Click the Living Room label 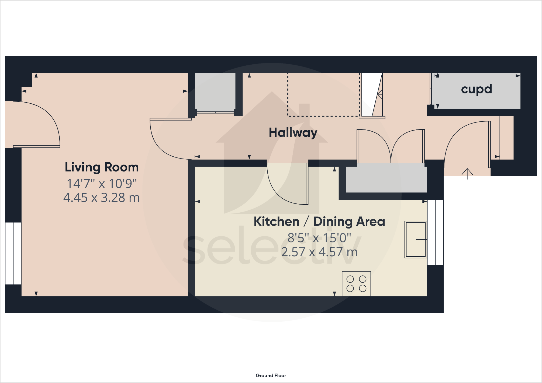click(x=102, y=167)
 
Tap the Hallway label click(x=293, y=132)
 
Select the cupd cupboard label click(x=476, y=89)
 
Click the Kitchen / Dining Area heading click(x=319, y=222)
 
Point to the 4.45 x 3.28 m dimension click(x=102, y=198)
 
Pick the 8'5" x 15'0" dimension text click(x=319, y=238)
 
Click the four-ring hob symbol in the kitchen click(x=356, y=284)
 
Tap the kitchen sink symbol click(x=416, y=239)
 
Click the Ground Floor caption click(x=271, y=375)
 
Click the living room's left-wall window click(x=13, y=253)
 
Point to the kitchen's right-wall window click(x=435, y=232)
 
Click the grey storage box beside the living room click(x=215, y=92)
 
